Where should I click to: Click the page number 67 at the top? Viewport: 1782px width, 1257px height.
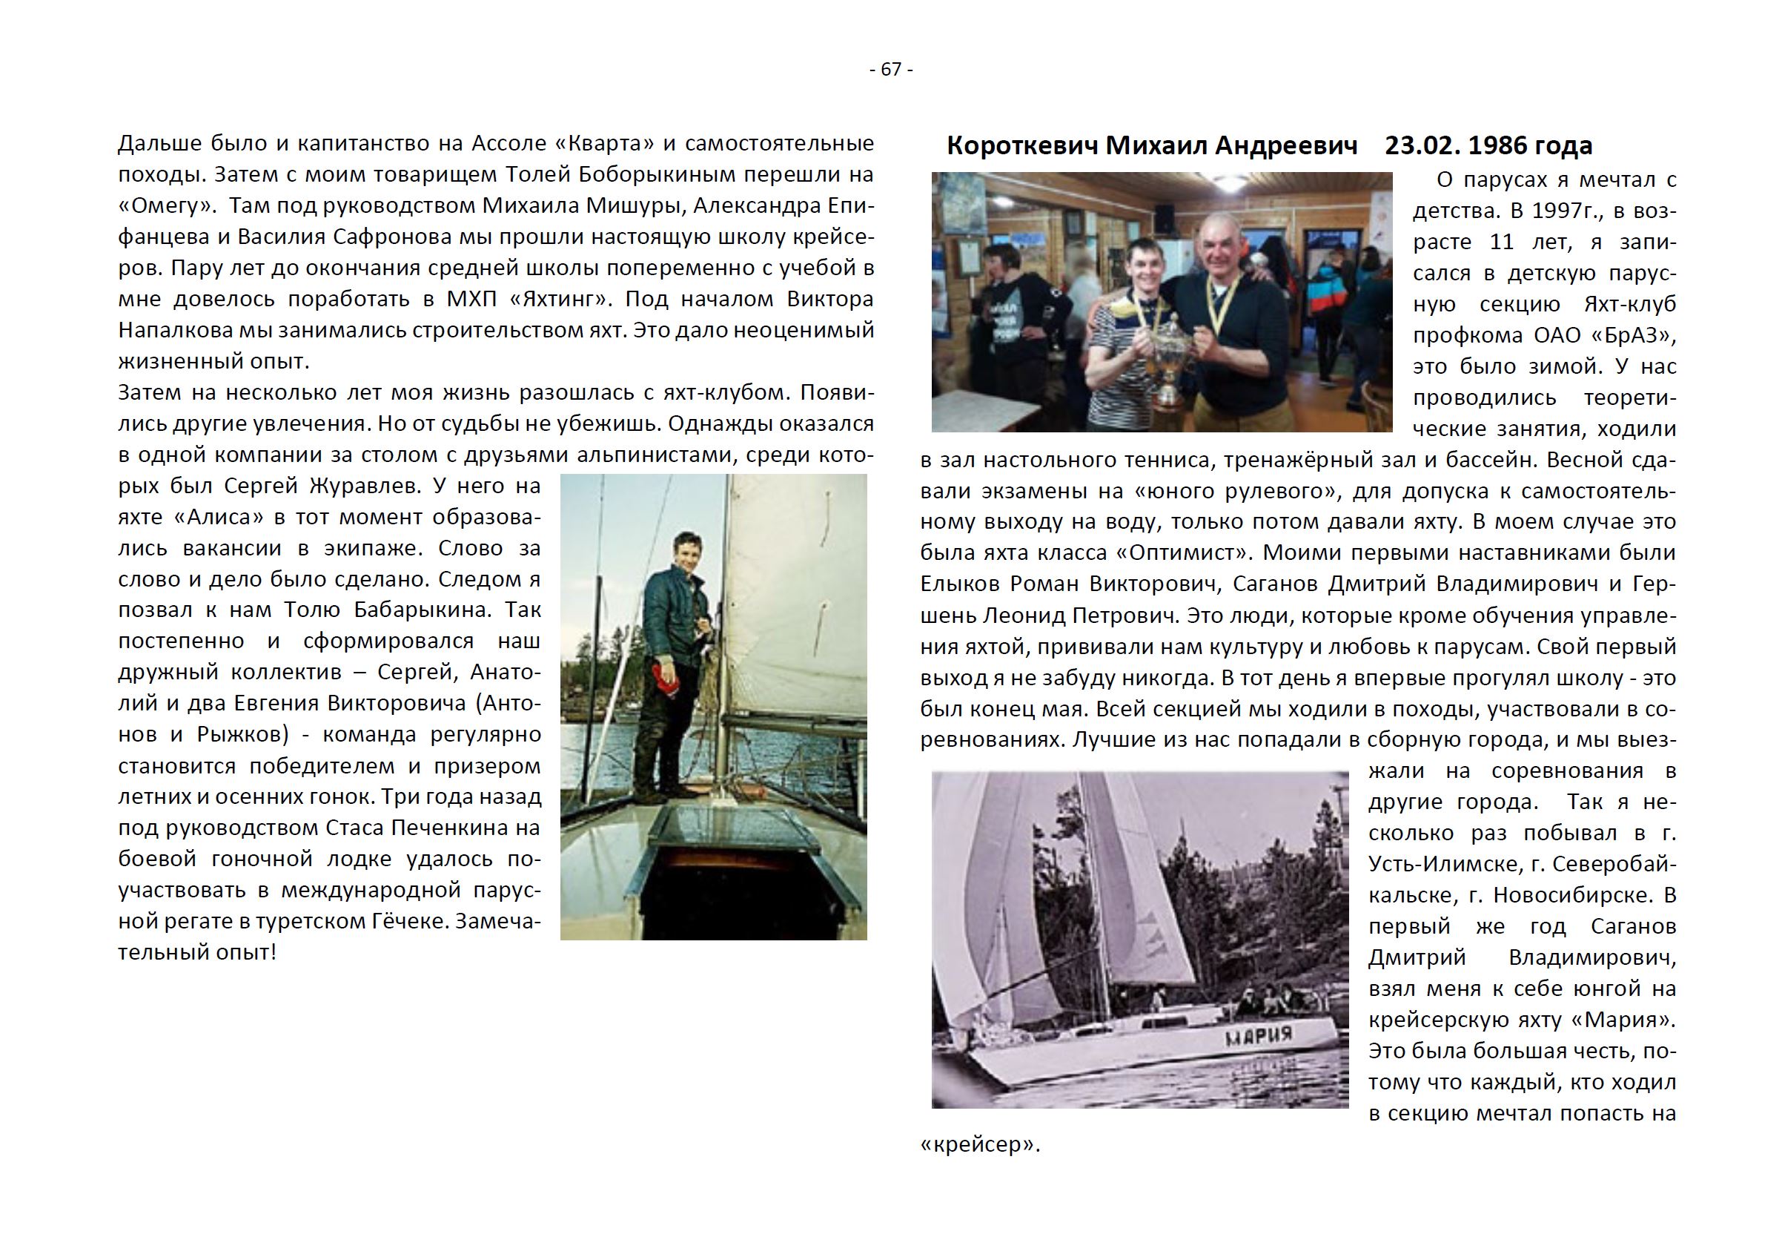[891, 70]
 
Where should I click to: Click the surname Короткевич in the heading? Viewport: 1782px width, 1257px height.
[1021, 145]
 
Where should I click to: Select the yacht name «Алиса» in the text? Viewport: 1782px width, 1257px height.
[218, 517]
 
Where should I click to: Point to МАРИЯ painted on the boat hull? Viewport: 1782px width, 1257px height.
[1259, 1035]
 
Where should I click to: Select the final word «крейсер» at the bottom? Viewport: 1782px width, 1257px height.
[979, 1145]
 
